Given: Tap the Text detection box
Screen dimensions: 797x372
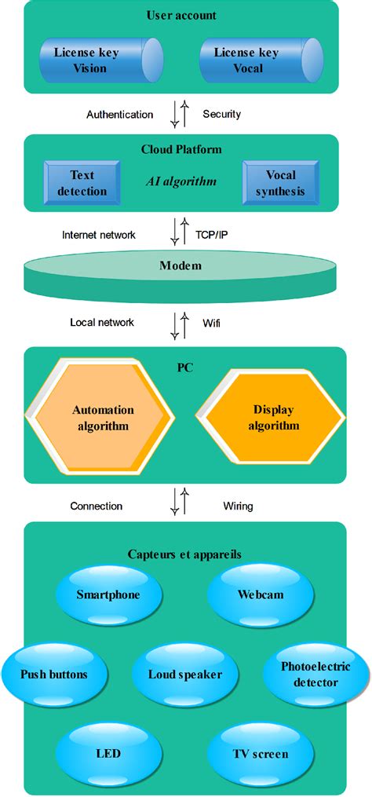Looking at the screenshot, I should click(x=82, y=182).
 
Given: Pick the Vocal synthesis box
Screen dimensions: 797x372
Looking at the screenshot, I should click(x=280, y=182).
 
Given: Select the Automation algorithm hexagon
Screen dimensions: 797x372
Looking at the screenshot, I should click(x=103, y=418).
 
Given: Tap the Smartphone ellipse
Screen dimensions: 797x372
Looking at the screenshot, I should click(x=108, y=594).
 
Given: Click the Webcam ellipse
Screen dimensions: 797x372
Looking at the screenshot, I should click(x=261, y=594).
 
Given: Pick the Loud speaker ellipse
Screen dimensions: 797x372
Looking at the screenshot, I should click(x=185, y=674).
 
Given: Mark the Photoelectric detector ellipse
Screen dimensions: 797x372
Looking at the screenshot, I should click(x=315, y=674).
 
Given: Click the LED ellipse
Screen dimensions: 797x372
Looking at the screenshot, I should click(x=108, y=754).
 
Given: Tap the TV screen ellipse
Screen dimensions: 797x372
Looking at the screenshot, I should click(x=261, y=754).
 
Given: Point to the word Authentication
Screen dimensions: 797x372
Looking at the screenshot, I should click(x=119, y=115).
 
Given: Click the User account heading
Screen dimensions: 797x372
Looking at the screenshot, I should click(x=181, y=15).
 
